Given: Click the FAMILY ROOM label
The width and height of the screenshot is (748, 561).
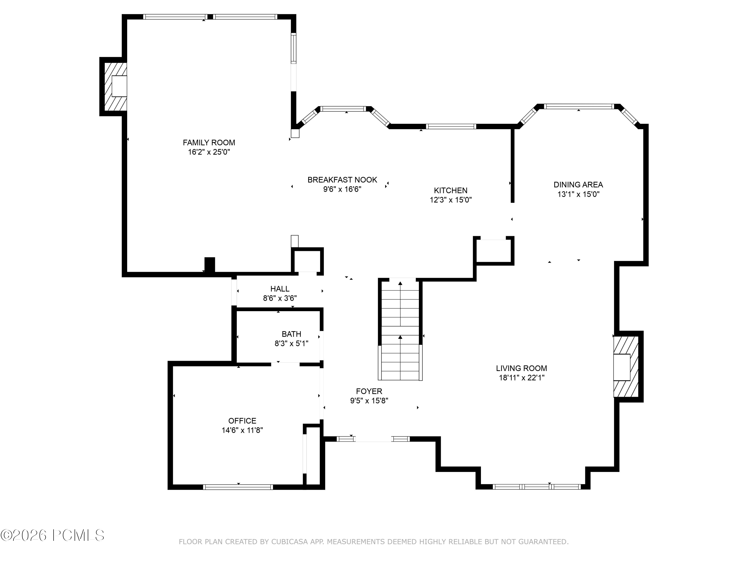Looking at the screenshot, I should click(209, 143).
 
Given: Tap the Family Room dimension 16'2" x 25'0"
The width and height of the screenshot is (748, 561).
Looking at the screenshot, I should click(209, 152).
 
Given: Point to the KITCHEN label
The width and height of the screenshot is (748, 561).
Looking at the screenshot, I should click(451, 190).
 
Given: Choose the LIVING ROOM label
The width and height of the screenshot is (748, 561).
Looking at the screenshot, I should click(521, 368).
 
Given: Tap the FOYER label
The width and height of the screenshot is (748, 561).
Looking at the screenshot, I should click(369, 391).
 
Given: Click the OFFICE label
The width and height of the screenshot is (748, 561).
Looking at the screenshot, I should click(242, 421).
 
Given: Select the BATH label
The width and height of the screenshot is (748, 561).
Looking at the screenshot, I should click(291, 334).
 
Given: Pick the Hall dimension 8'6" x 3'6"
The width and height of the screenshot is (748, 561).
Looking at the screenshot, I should click(280, 298).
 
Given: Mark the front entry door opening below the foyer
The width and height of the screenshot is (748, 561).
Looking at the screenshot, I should click(373, 439).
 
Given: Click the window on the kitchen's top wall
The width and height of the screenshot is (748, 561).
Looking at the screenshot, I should click(451, 126).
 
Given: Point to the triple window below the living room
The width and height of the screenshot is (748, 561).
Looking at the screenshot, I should click(536, 487).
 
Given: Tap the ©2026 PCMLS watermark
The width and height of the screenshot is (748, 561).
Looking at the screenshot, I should click(52, 535).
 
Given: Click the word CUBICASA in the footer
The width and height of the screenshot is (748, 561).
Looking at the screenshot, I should click(289, 542).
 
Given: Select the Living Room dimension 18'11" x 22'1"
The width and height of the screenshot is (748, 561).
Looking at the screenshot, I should click(521, 378).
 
